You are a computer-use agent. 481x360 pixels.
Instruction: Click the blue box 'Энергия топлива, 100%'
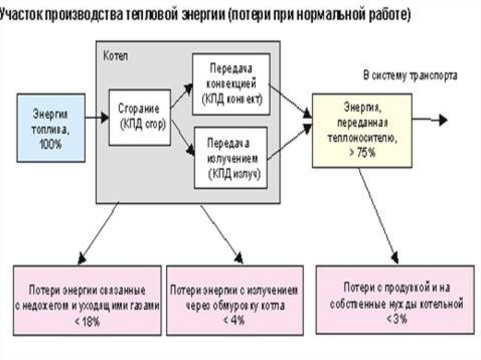point(51,128)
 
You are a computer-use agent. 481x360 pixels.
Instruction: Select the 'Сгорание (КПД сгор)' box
point(140,117)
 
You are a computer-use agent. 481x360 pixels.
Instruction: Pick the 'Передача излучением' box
point(231,157)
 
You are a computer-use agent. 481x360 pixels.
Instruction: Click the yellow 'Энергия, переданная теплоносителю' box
point(362,130)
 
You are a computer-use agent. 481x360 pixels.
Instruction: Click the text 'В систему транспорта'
point(410,76)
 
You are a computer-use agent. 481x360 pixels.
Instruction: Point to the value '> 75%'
point(362,153)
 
